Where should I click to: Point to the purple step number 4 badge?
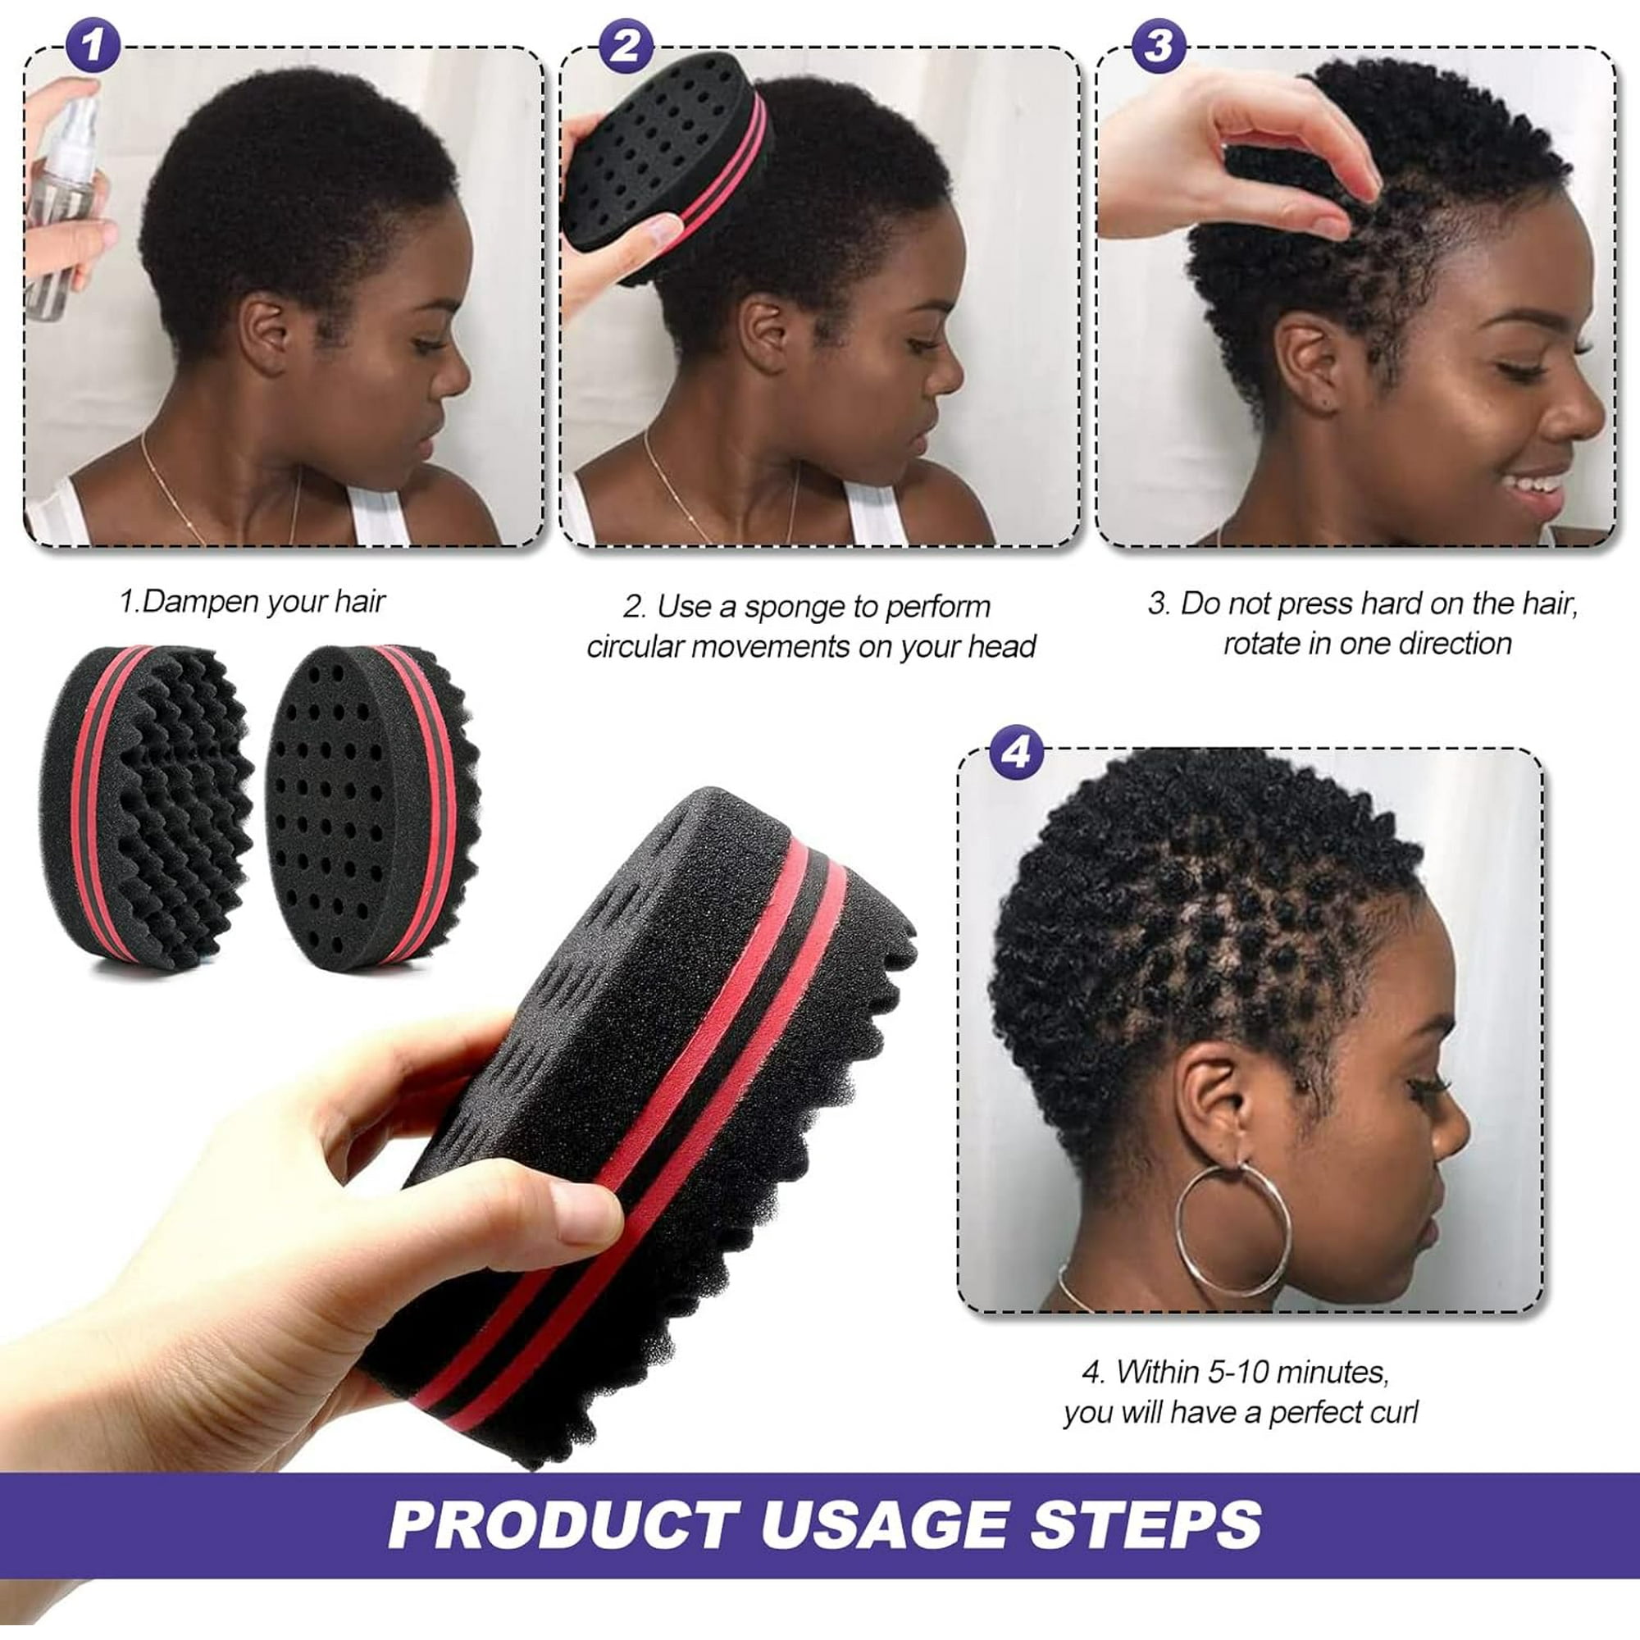(x=1015, y=752)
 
